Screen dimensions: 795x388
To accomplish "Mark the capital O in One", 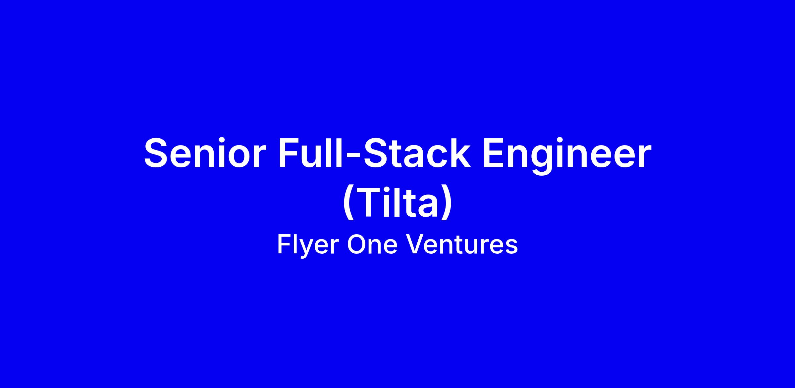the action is tap(356, 244).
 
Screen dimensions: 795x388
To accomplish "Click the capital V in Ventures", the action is tap(415, 244).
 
